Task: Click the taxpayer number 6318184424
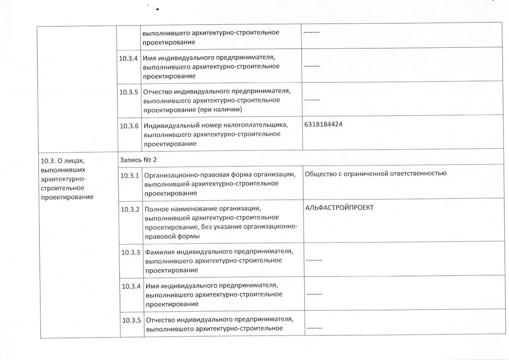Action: point(324,125)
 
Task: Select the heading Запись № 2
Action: point(139,159)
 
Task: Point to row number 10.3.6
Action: point(130,126)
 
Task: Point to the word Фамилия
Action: point(160,252)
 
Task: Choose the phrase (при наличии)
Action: point(222,109)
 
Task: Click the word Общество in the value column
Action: point(321,173)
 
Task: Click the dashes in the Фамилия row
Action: point(313,260)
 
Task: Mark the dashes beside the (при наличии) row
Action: point(311,100)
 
